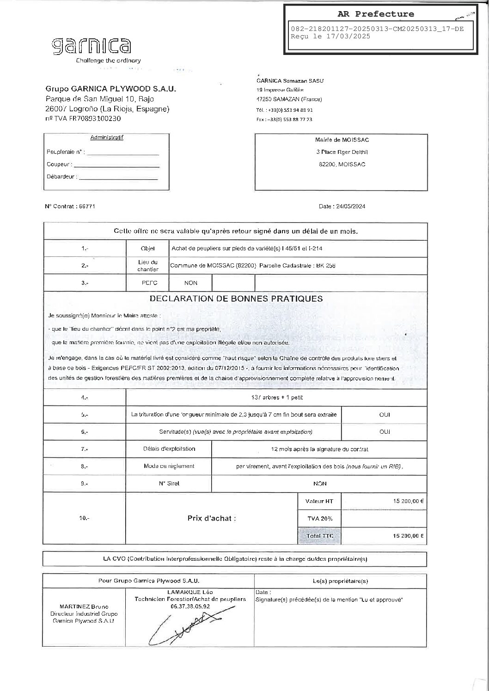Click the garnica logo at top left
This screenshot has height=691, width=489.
click(91, 46)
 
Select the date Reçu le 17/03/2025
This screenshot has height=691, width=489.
click(330, 36)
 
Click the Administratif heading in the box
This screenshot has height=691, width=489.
click(107, 138)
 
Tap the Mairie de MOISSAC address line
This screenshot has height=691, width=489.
click(342, 140)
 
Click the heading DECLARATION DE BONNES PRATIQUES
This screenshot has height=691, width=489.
click(236, 299)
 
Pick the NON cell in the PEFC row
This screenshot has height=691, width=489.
click(191, 283)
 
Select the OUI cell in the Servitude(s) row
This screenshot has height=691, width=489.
click(384, 432)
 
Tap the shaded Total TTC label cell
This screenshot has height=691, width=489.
click(319, 536)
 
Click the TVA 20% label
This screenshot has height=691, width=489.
click(320, 518)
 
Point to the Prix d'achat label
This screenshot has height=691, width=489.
click(212, 518)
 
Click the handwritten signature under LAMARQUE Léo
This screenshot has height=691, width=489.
click(185, 626)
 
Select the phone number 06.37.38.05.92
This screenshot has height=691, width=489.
click(190, 606)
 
